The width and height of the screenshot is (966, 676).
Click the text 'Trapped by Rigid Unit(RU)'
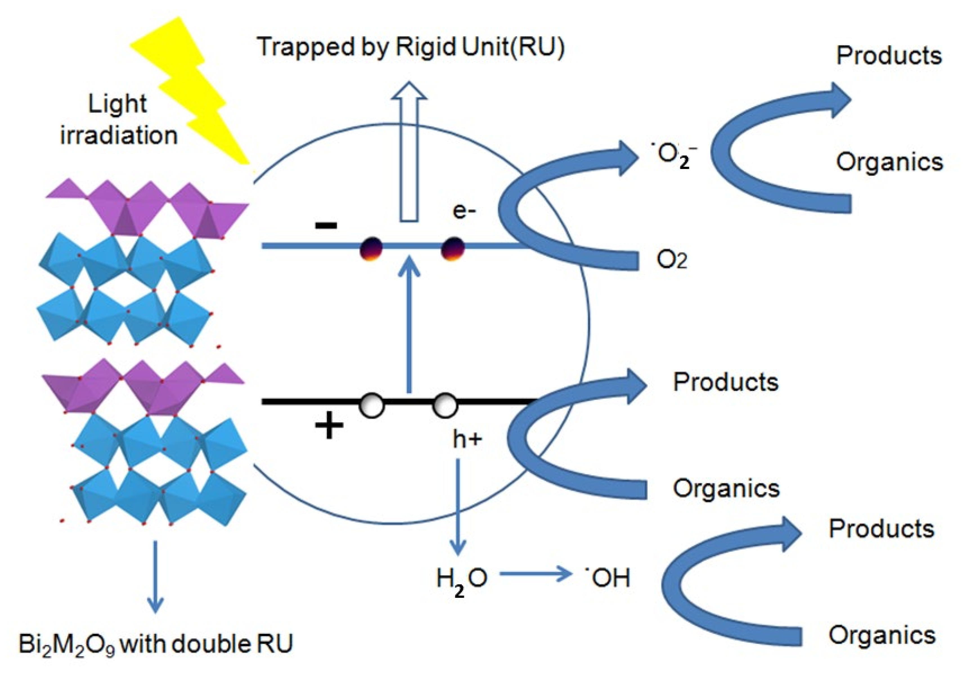pyautogui.click(x=410, y=47)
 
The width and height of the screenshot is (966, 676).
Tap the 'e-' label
pyautogui.click(x=464, y=210)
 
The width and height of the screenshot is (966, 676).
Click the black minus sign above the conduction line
pyautogui.click(x=326, y=226)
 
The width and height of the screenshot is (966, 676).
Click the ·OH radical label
pyautogui.click(x=608, y=578)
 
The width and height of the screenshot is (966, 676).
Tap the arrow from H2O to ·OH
pyautogui.click(x=534, y=574)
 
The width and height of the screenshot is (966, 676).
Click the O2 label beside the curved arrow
pyautogui.click(x=671, y=260)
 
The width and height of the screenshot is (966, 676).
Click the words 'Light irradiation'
pyautogui.click(x=119, y=120)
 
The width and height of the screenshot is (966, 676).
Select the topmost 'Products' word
pyautogui.click(x=888, y=55)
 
